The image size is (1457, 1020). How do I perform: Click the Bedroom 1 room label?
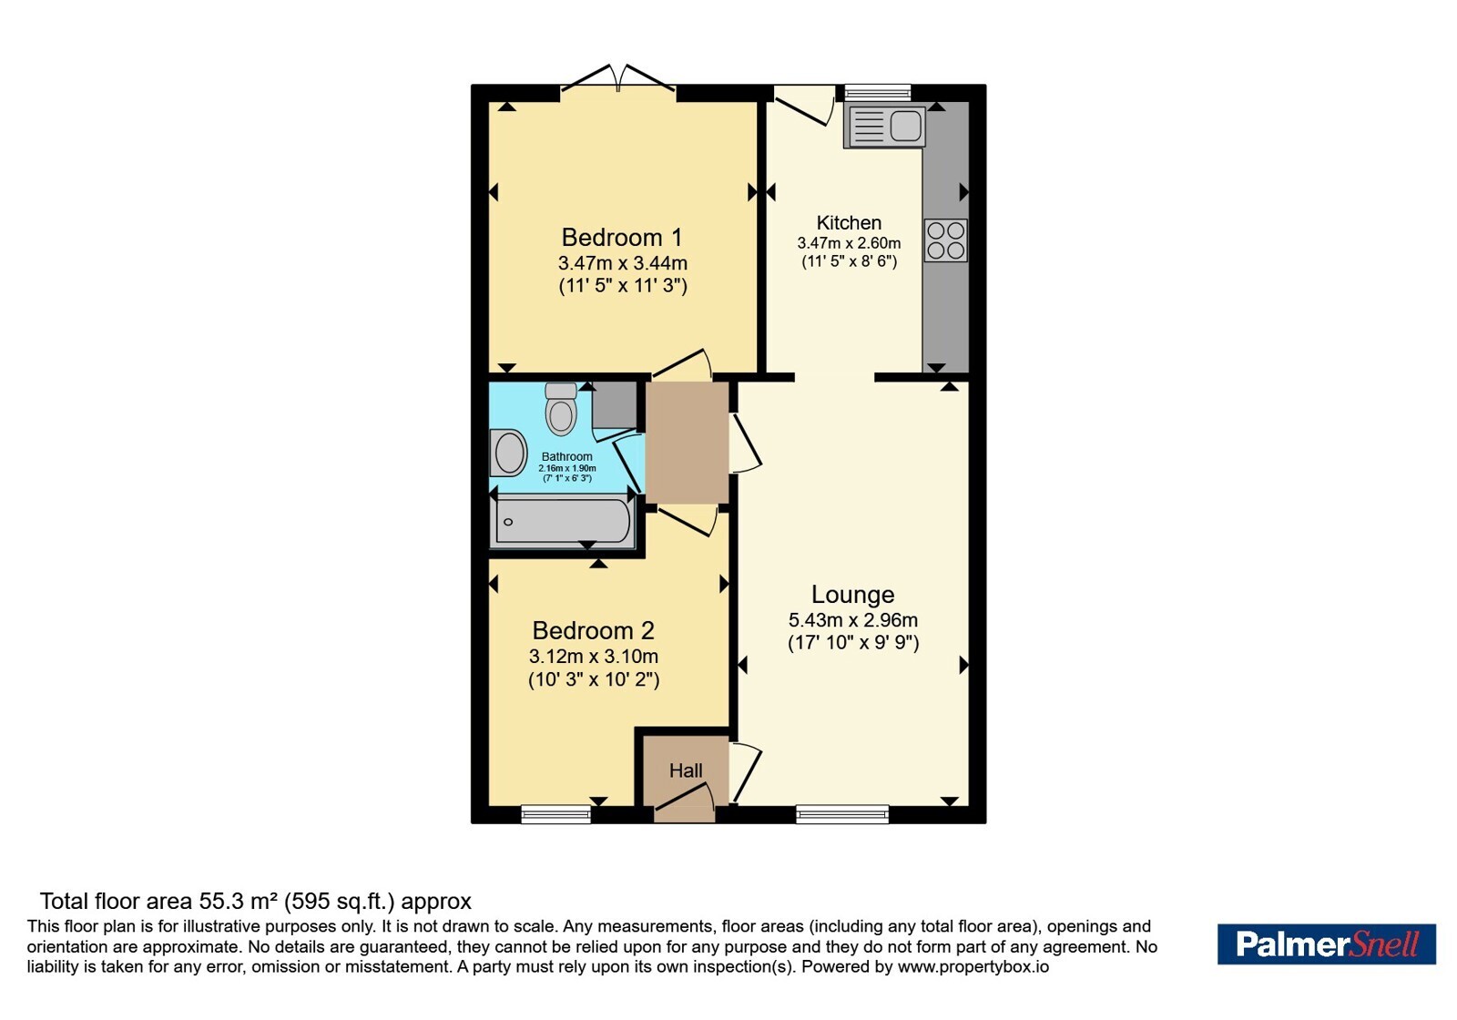point(622,238)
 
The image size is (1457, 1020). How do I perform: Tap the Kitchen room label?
point(849,222)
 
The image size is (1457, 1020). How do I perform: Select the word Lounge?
point(852,594)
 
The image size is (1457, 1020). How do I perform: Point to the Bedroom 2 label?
point(593,630)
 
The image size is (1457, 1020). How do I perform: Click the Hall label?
point(686,770)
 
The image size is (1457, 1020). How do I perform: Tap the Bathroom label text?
point(566,456)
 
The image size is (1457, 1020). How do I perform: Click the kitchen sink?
point(884,127)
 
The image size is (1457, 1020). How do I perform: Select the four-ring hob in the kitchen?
point(946,240)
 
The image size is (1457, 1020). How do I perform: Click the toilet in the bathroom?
point(561,409)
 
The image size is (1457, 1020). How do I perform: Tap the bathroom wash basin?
point(509,453)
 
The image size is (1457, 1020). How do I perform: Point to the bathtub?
point(564,521)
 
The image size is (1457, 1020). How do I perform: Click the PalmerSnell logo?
point(1326,943)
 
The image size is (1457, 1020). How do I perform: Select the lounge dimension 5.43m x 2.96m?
point(852,620)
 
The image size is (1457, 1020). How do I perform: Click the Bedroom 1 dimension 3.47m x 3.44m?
point(623,263)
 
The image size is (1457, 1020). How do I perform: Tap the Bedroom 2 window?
point(556,814)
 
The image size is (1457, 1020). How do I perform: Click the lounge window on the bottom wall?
point(842,814)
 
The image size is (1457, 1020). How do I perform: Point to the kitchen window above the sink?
point(878,93)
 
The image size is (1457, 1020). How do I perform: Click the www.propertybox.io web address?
point(973,966)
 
